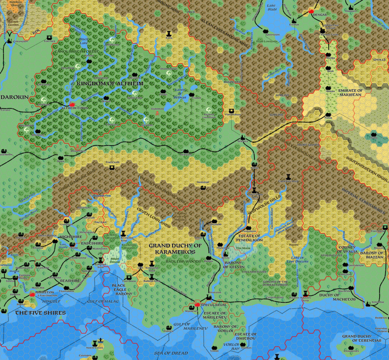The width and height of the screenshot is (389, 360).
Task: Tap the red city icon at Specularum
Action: click(x=197, y=304)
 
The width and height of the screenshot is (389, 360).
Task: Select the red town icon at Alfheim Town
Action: click(x=72, y=103)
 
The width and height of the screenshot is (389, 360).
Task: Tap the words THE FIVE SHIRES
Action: click(x=40, y=313)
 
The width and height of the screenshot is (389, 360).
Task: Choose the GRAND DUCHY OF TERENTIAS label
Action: click(x=361, y=338)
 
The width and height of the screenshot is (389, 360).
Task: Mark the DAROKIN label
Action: click(x=14, y=97)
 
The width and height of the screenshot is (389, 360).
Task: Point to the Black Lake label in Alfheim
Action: click(x=84, y=41)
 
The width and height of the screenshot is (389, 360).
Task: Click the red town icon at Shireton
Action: click(x=32, y=294)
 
